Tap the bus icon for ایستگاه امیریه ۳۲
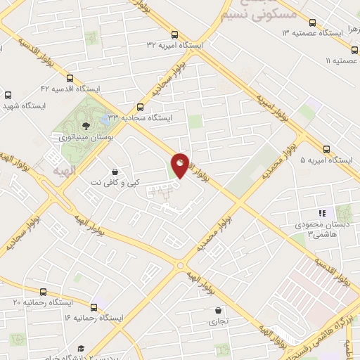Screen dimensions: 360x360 [175, 34]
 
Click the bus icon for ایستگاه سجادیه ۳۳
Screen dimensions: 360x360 [140, 107]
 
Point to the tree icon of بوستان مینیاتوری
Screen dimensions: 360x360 [85, 126]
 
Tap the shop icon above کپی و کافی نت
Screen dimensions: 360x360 [115, 172]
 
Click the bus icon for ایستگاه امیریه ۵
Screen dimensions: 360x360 [326, 149]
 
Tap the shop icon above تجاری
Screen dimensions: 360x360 [219, 310]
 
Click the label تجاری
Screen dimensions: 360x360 [212, 322]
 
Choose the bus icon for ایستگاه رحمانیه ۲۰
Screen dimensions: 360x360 [44, 292]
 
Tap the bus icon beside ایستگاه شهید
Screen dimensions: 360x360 [8, 95]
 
